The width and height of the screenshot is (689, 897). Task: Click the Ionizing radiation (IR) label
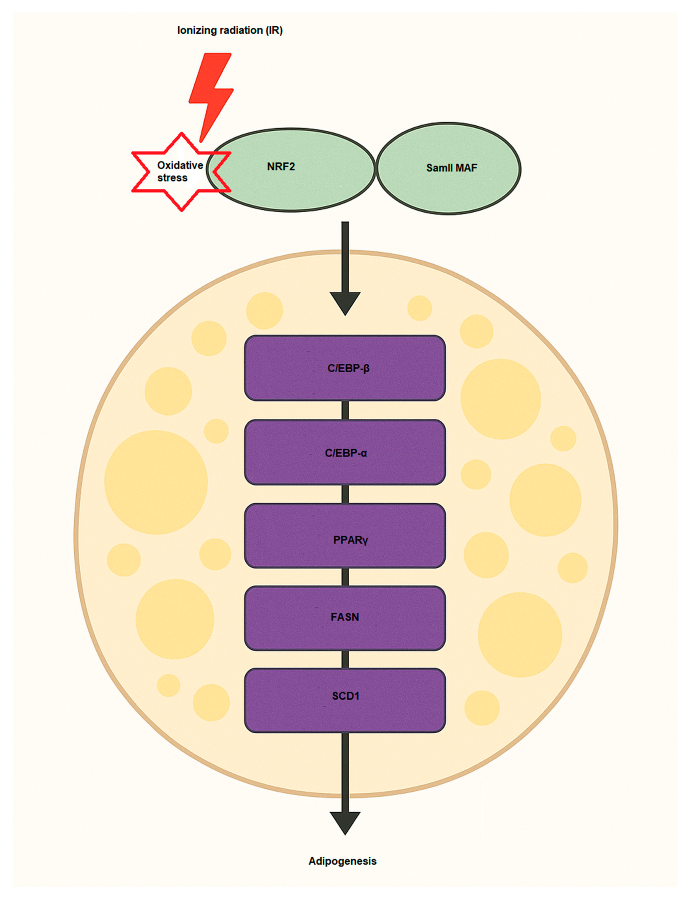point(230,30)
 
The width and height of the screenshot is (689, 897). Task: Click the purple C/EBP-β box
point(345,368)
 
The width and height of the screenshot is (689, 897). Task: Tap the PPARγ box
point(345,536)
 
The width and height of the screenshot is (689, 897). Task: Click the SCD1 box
point(345,700)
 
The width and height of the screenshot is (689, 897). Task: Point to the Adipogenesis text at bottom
point(343,861)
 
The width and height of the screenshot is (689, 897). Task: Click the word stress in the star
point(172,178)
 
